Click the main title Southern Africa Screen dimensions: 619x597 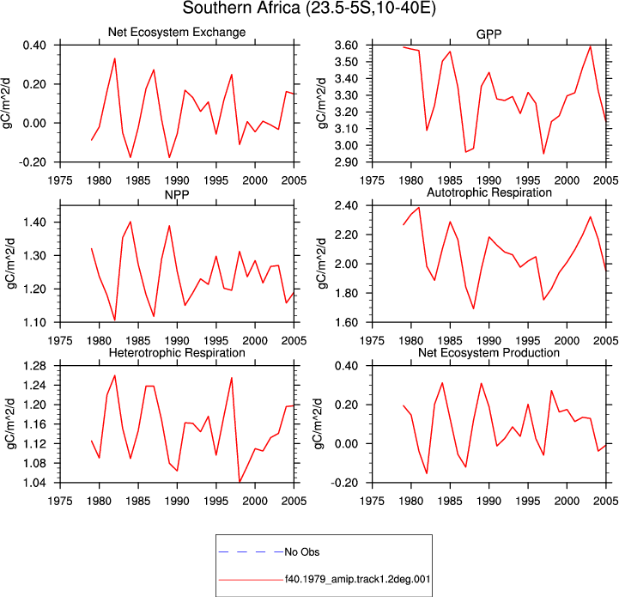point(309,9)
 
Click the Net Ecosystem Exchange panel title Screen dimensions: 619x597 point(177,32)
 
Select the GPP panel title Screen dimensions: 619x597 point(489,34)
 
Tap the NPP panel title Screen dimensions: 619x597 point(177,195)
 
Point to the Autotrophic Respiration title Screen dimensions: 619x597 point(489,192)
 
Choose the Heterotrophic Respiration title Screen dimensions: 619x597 point(177,352)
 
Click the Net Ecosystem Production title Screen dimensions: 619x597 point(489,352)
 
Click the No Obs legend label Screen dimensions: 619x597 point(302,552)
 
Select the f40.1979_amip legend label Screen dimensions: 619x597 point(358,580)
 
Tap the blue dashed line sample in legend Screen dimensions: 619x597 point(251,552)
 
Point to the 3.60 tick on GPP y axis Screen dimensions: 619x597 point(346,46)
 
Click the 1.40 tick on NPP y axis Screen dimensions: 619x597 point(34,222)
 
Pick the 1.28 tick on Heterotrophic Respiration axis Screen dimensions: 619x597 point(34,366)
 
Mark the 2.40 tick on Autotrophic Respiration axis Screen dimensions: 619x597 point(346,205)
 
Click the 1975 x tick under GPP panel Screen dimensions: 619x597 point(372,180)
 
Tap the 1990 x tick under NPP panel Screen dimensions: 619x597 point(177,340)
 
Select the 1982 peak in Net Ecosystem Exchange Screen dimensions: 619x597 point(114,58)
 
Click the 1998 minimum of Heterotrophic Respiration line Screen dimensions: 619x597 point(240,482)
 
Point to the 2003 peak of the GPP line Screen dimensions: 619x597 point(590,46)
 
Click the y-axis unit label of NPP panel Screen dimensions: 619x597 point(10,263)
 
